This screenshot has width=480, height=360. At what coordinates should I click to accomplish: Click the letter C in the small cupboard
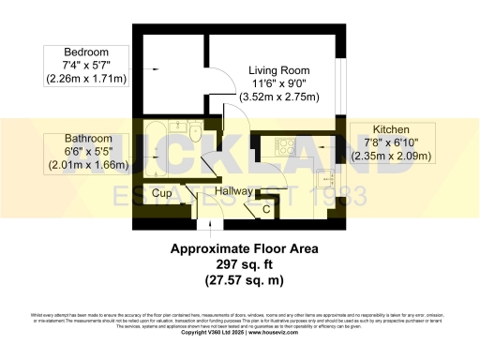(266, 209)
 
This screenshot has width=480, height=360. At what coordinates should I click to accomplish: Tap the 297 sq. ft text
(244, 264)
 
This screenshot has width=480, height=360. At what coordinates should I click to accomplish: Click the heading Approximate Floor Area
(244, 249)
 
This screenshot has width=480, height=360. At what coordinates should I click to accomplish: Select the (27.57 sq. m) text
(244, 280)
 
